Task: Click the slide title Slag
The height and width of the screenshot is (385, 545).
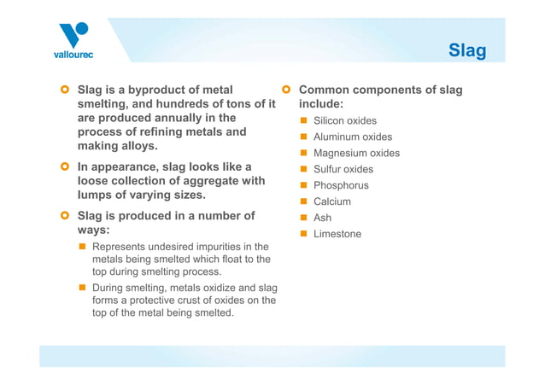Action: coord(467,51)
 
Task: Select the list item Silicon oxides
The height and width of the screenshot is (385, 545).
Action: coord(344,121)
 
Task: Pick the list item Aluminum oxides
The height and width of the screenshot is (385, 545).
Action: coord(353,137)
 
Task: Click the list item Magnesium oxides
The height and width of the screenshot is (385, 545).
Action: coord(356,154)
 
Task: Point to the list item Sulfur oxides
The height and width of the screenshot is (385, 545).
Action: coord(343,170)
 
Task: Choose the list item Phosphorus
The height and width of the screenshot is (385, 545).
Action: coord(341,186)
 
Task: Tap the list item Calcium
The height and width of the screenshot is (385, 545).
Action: coord(332,202)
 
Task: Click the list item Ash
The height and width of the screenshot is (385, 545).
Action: coord(322,219)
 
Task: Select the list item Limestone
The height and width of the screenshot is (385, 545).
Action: coord(337,235)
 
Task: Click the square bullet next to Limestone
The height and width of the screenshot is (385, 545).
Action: coord(302,234)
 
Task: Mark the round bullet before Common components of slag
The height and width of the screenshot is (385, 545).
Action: coord(286,89)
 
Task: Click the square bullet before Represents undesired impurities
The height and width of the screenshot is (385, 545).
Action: coord(83,247)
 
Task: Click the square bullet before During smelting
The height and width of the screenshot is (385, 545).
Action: coord(83,288)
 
